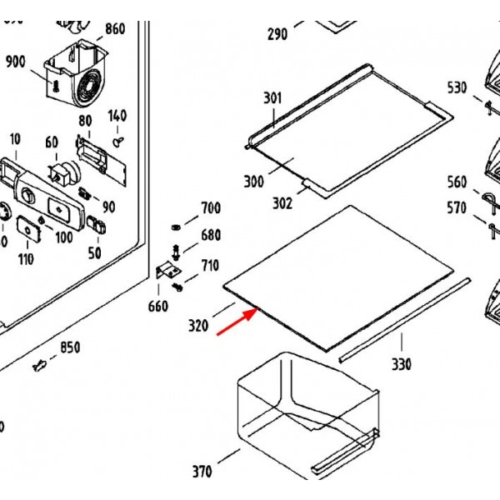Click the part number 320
click(198, 326)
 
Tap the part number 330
click(402, 364)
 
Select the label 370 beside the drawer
click(202, 472)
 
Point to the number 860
click(115, 29)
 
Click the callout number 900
click(15, 62)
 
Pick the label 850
click(70, 347)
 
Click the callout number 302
click(282, 202)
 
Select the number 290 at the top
click(277, 34)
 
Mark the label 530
click(457, 87)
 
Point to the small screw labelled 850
click(39, 365)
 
